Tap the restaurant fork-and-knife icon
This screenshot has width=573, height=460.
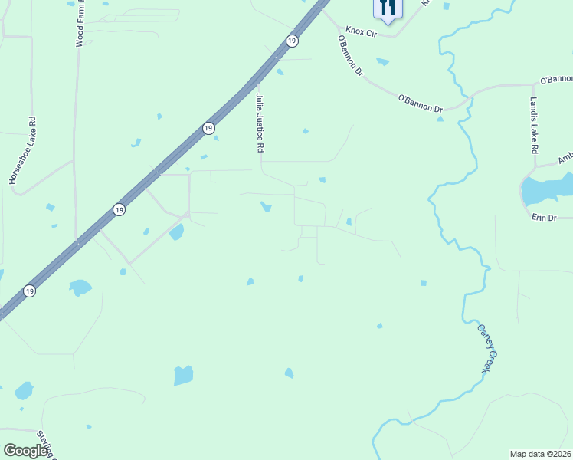point(388,8)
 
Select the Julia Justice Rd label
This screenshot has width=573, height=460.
point(260,122)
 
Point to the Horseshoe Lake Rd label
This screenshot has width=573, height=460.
point(22,150)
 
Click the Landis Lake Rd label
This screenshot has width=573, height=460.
point(535,125)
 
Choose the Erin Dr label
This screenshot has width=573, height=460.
point(543,219)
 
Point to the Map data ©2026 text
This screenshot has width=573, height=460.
point(540,454)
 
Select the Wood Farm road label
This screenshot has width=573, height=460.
point(80,25)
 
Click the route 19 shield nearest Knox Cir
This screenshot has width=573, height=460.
point(292,41)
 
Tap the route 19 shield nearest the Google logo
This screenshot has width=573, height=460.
point(29,291)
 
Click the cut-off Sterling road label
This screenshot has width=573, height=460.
point(47,445)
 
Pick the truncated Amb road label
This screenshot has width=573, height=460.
point(565,157)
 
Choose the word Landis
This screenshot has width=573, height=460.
point(535,109)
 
